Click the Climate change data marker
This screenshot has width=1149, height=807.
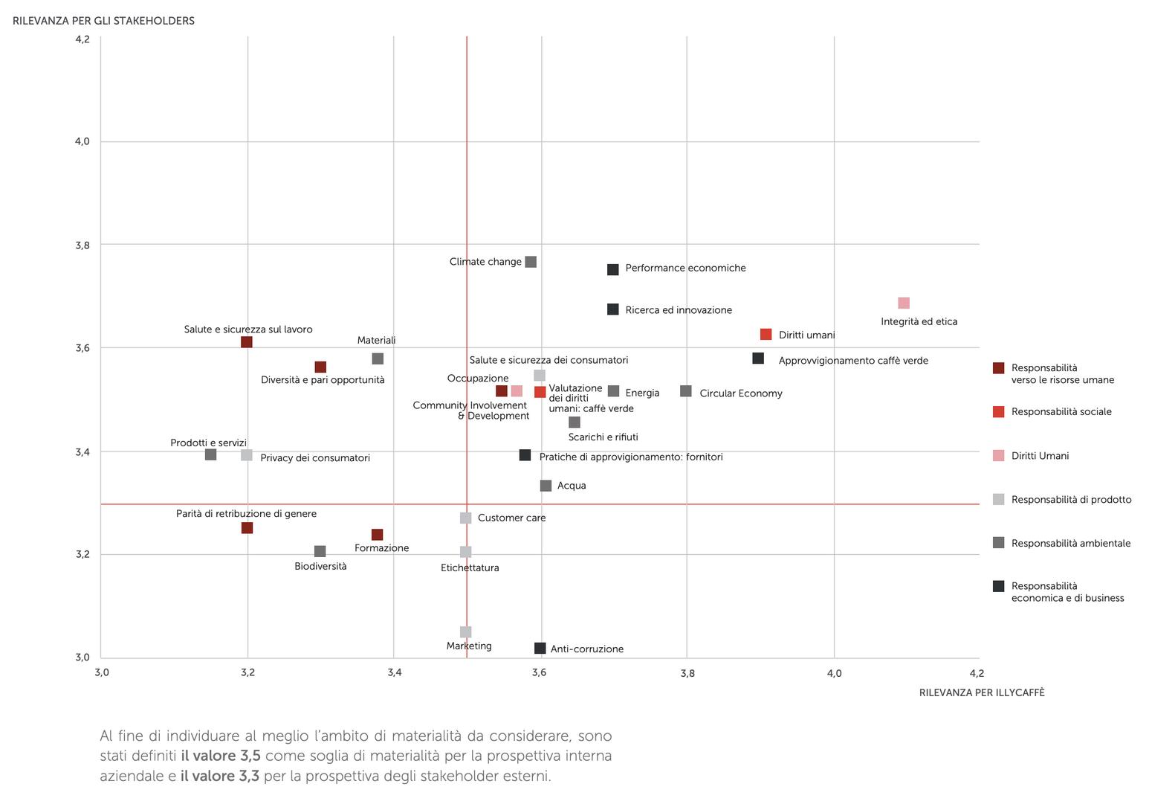531,262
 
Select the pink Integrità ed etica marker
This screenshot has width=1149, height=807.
904,303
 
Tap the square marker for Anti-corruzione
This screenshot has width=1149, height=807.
540,649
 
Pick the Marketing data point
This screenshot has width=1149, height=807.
466,632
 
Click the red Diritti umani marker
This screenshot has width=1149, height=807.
766,335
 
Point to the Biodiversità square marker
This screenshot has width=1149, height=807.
320,552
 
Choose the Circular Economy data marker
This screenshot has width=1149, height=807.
686,391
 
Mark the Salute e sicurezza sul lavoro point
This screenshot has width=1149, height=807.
247,342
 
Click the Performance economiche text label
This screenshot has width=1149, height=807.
685,269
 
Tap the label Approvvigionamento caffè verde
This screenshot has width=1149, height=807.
853,361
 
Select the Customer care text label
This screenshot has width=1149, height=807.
511,518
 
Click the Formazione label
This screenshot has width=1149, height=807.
382,548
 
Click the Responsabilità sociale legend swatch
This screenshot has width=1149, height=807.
999,412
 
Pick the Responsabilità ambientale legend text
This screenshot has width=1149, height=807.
1070,544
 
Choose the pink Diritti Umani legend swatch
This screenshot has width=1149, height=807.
999,456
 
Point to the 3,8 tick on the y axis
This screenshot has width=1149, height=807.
82,245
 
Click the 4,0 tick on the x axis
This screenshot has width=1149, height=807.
834,674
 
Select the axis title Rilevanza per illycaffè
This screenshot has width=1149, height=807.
981,693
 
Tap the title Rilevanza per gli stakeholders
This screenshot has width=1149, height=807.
103,21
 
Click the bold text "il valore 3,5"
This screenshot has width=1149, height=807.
220,756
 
